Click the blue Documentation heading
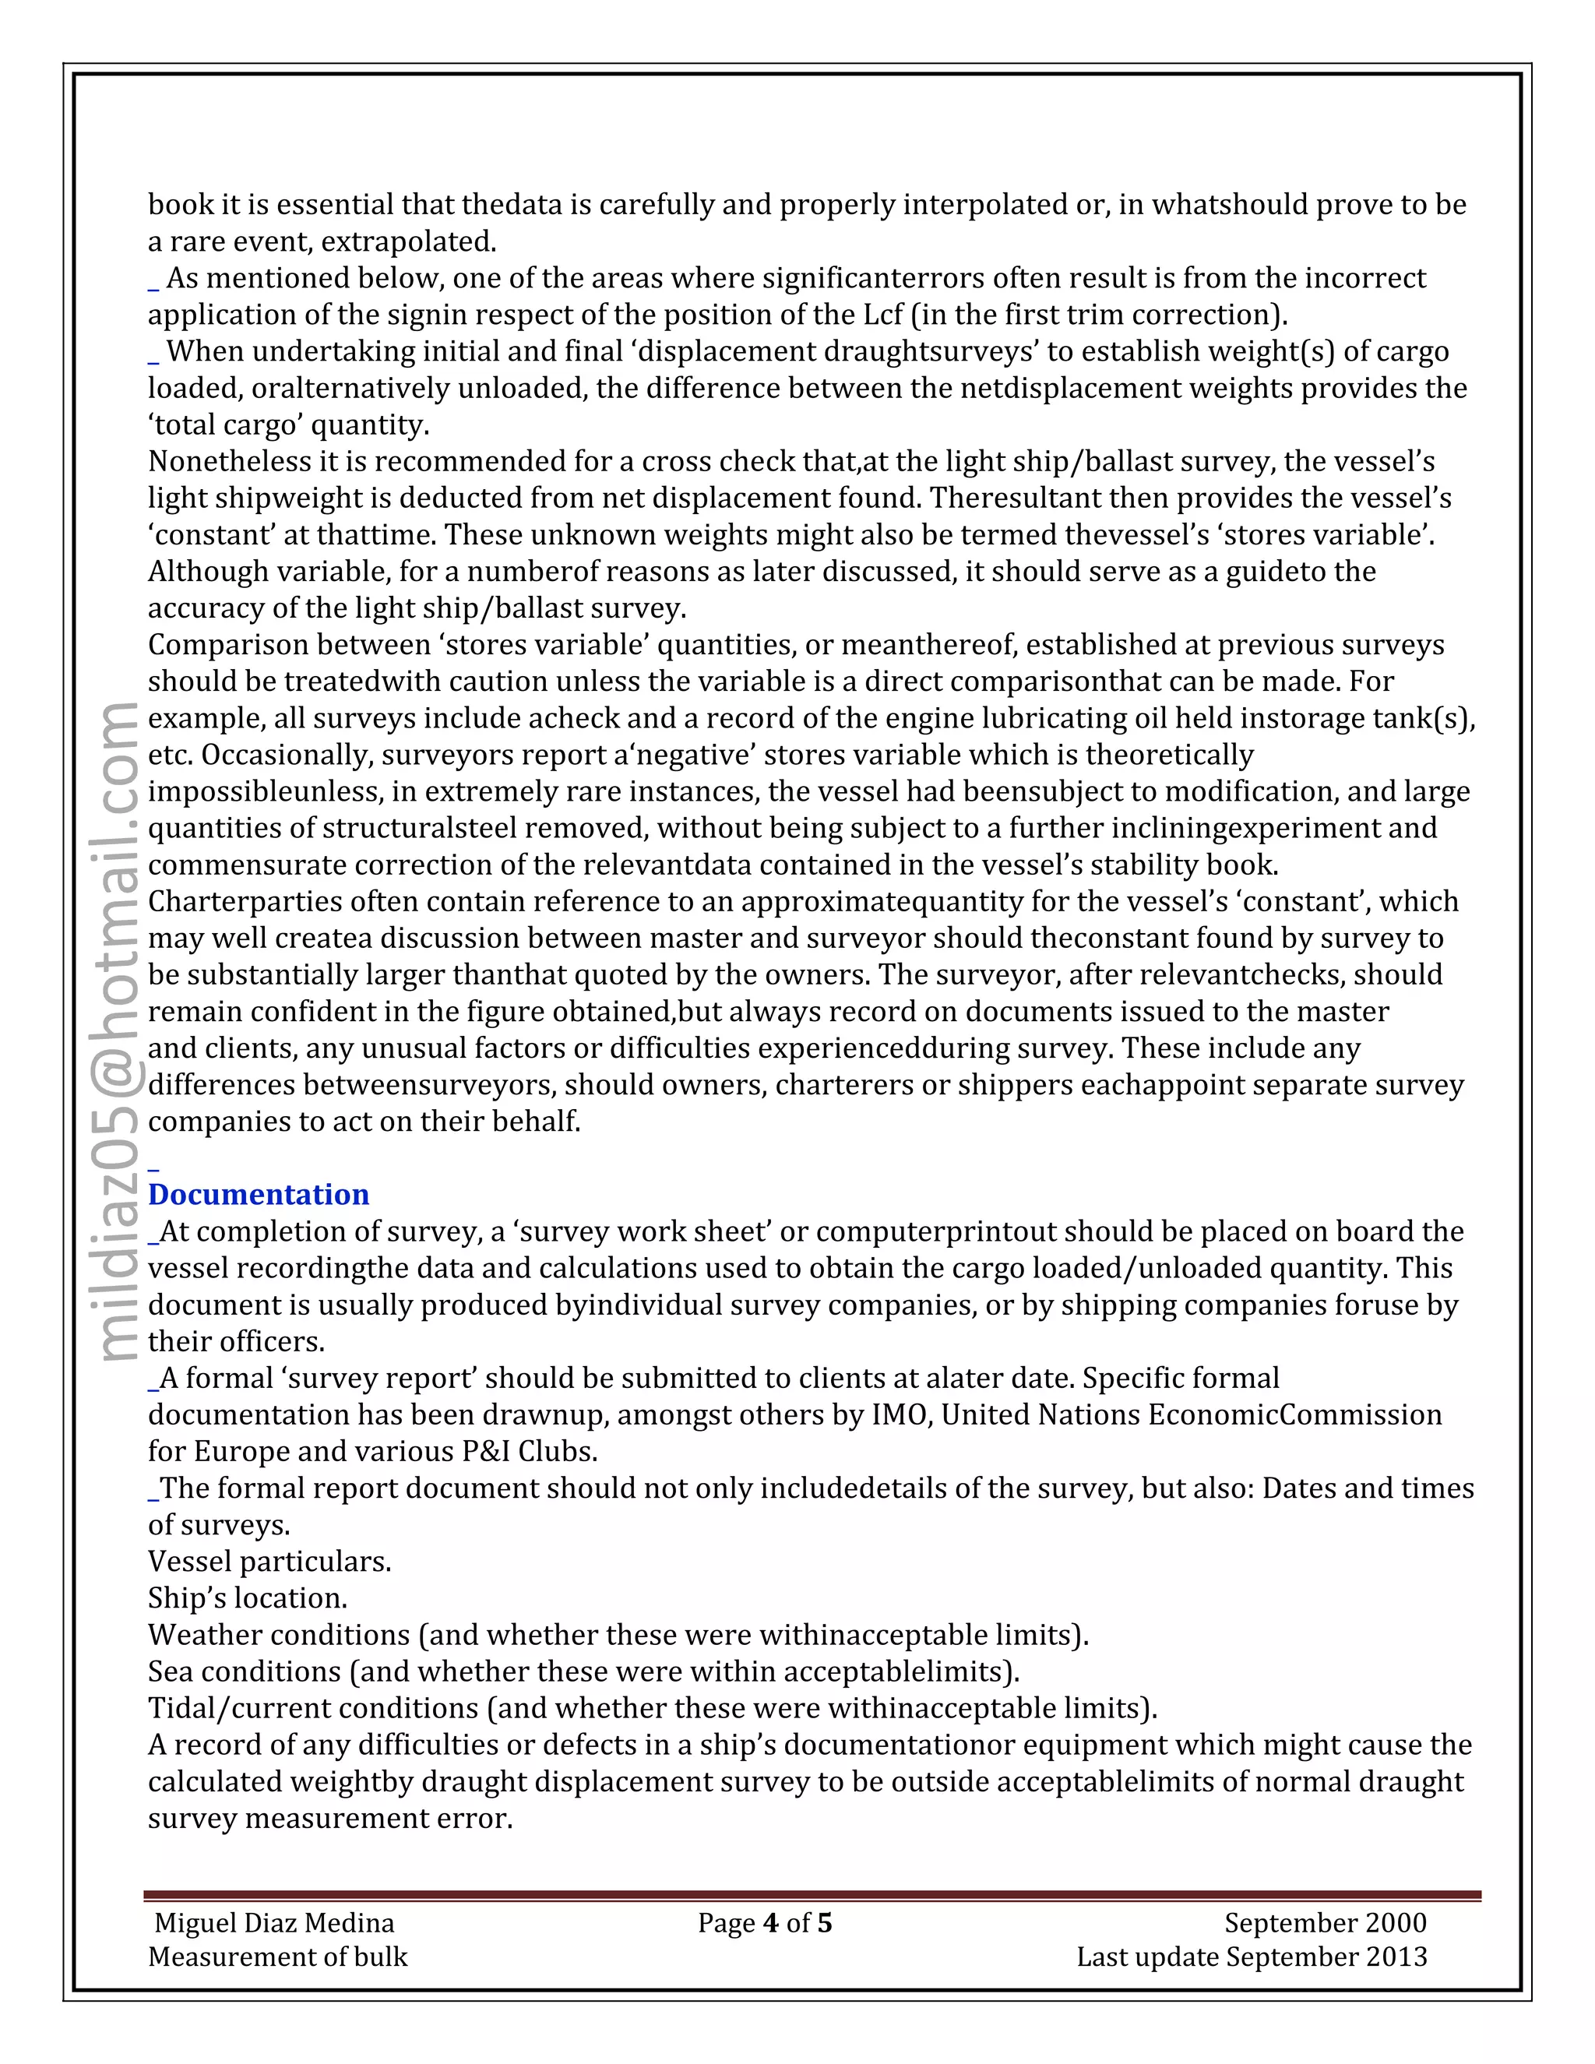(258, 1195)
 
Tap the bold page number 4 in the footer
(770, 1923)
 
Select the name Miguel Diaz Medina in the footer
(274, 1923)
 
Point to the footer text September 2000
(1325, 1923)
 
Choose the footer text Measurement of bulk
(278, 1957)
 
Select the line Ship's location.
(248, 1598)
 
